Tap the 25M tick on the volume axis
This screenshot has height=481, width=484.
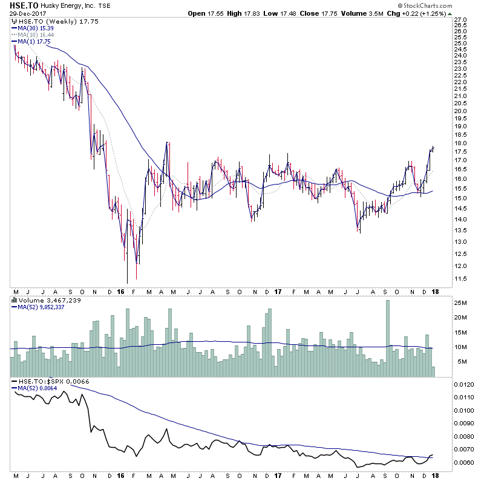(x=462, y=303)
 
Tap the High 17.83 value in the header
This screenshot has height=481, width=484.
(x=239, y=13)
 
